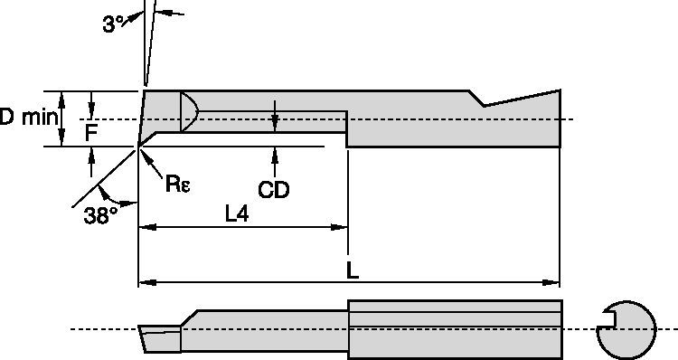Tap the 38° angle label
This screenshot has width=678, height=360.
100,215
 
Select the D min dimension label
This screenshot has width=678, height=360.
28,118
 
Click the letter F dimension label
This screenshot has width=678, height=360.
90,133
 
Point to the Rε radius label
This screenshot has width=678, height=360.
177,184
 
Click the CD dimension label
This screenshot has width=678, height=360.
273,190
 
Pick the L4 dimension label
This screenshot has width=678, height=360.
237,213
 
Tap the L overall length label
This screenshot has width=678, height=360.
353,270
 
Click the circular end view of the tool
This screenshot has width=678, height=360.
626,330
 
